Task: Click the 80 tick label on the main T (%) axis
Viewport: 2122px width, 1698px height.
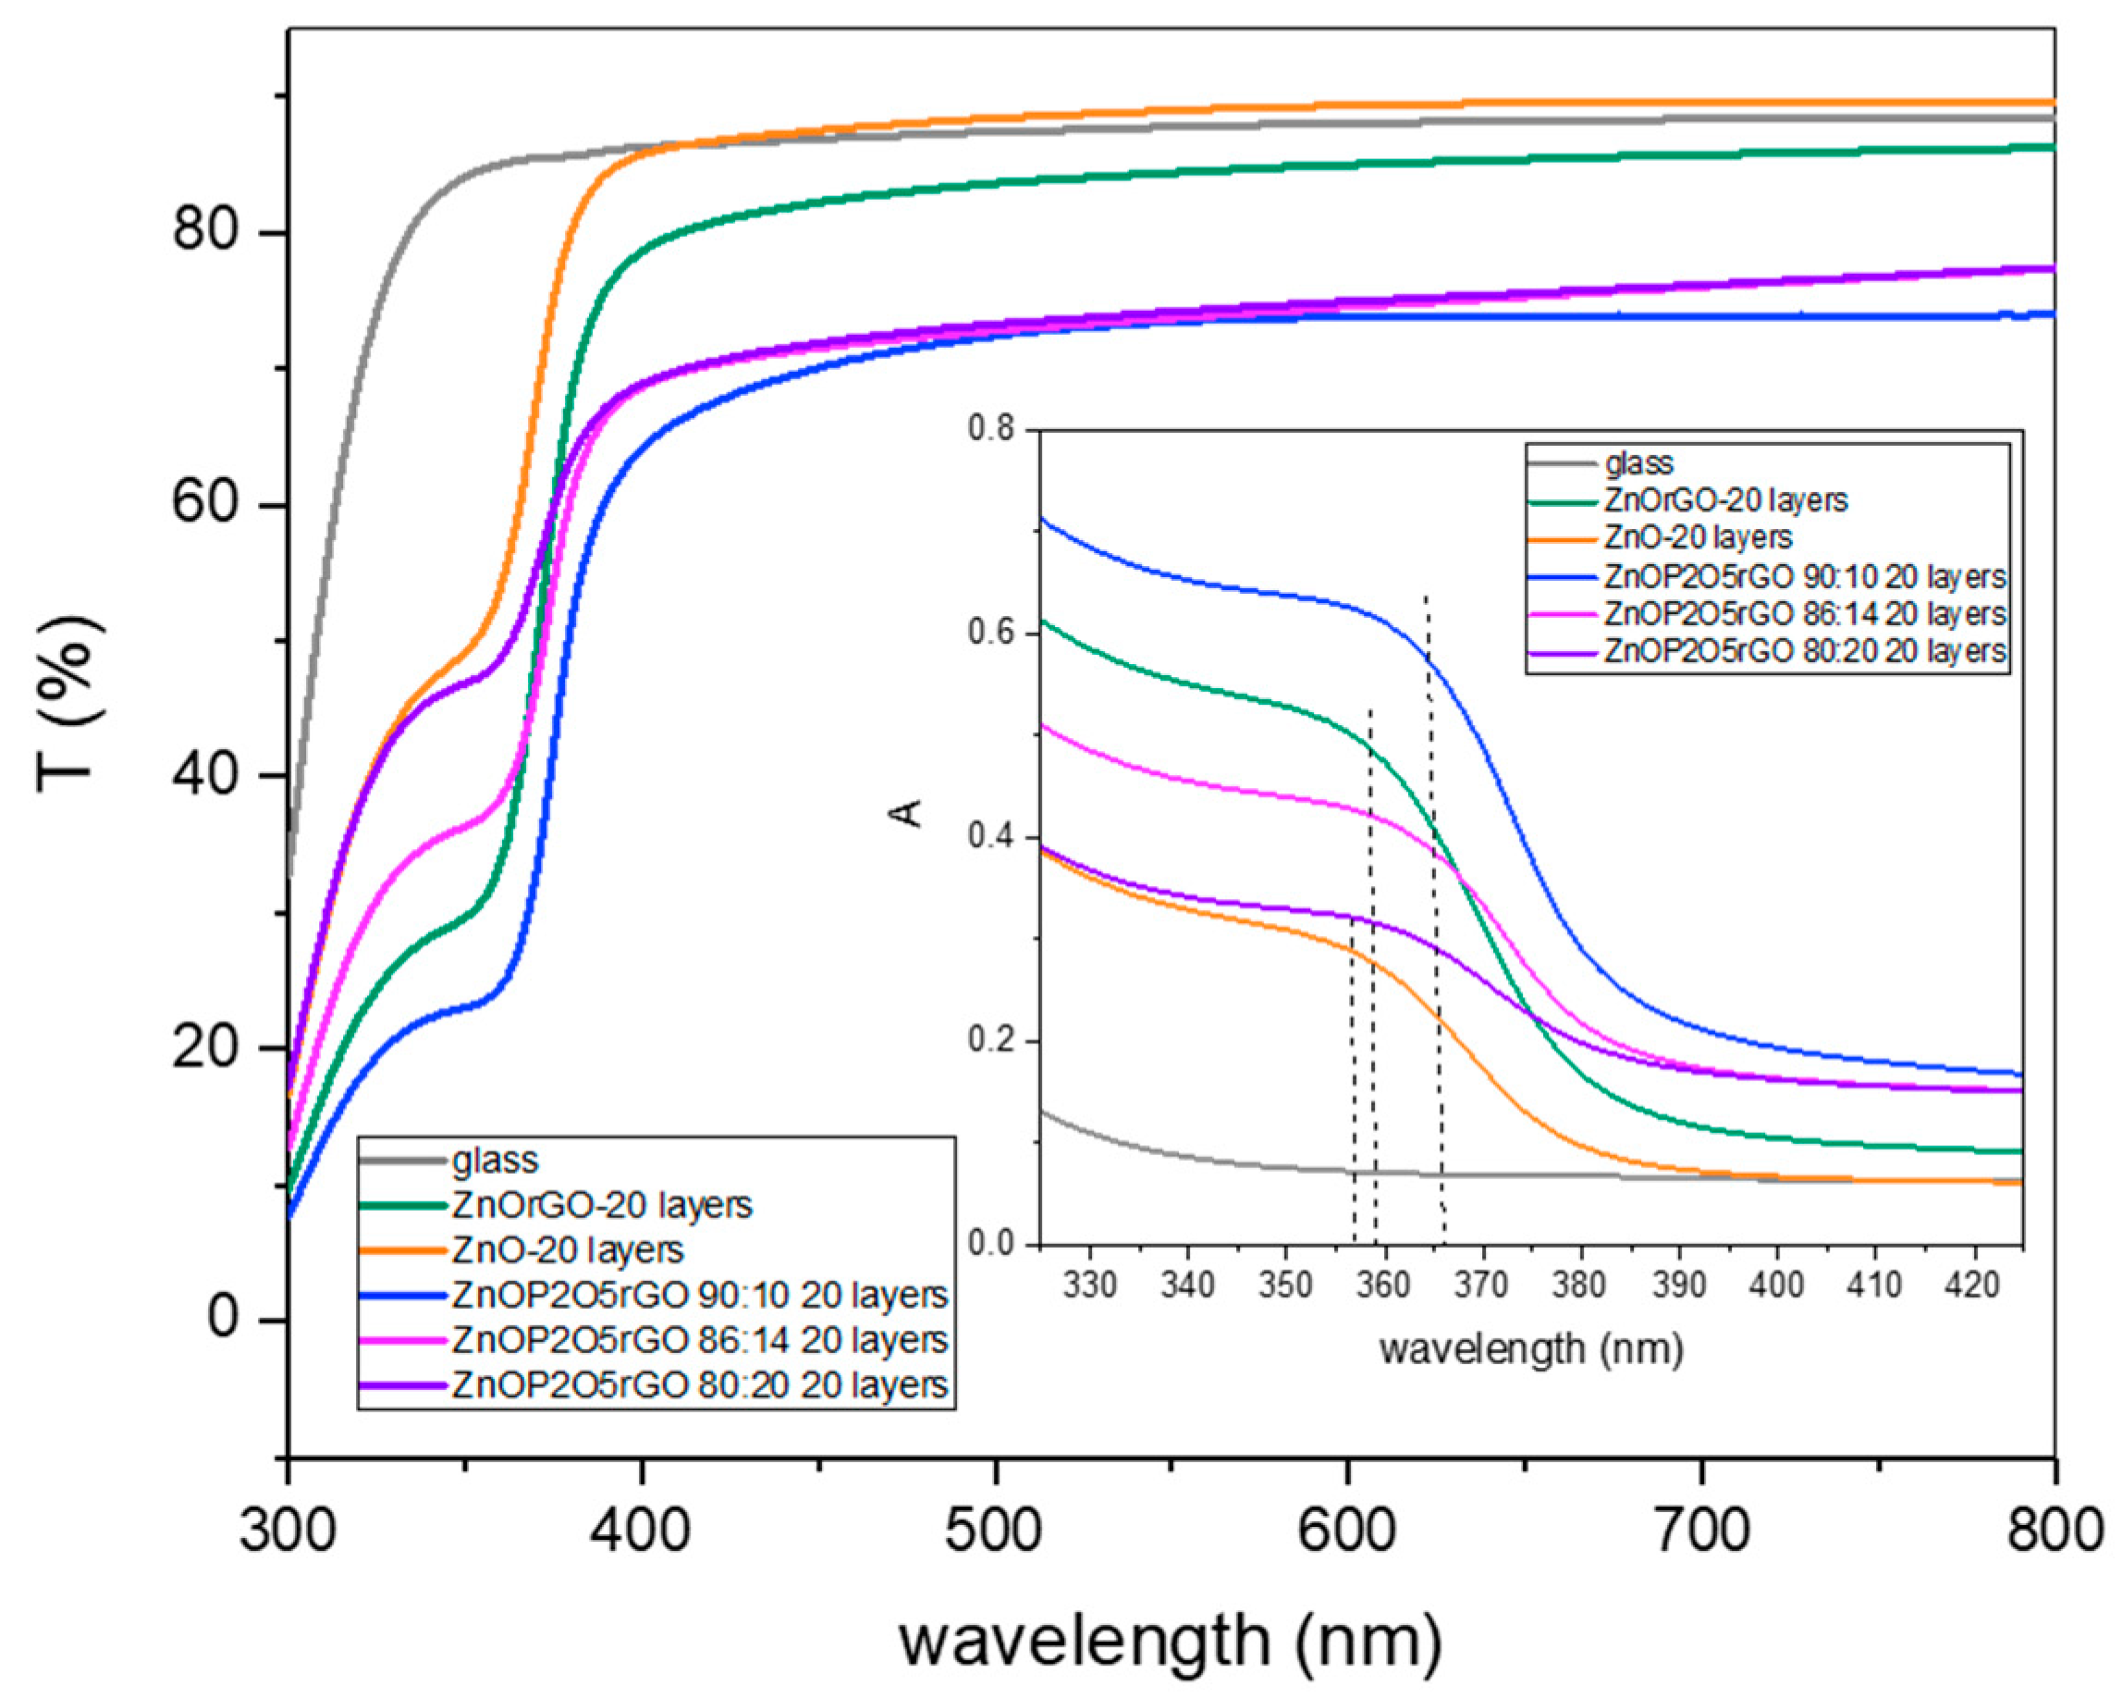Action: (x=205, y=231)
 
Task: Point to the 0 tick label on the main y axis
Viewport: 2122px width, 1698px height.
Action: (x=225, y=1317)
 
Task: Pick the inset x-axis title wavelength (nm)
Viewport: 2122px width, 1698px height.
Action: (x=1531, y=1347)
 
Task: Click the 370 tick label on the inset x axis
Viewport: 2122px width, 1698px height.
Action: (x=1482, y=1285)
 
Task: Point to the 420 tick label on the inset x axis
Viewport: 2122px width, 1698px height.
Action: (x=1971, y=1285)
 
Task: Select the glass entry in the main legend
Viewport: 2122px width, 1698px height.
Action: (x=495, y=1161)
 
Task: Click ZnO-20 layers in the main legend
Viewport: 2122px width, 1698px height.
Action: (x=567, y=1250)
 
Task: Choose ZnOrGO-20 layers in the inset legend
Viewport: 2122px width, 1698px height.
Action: (x=1725, y=500)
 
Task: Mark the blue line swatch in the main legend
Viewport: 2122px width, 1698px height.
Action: (x=401, y=1296)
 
